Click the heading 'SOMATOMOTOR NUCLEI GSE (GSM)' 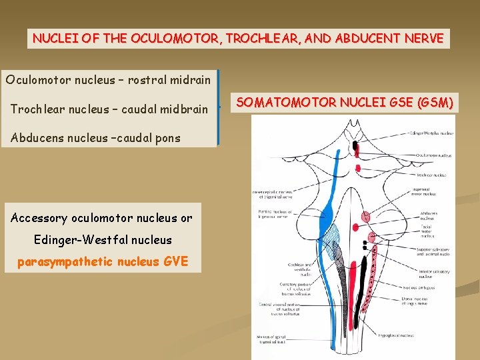point(345,102)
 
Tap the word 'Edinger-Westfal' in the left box point(73,239)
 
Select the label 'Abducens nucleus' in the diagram point(429,215)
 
